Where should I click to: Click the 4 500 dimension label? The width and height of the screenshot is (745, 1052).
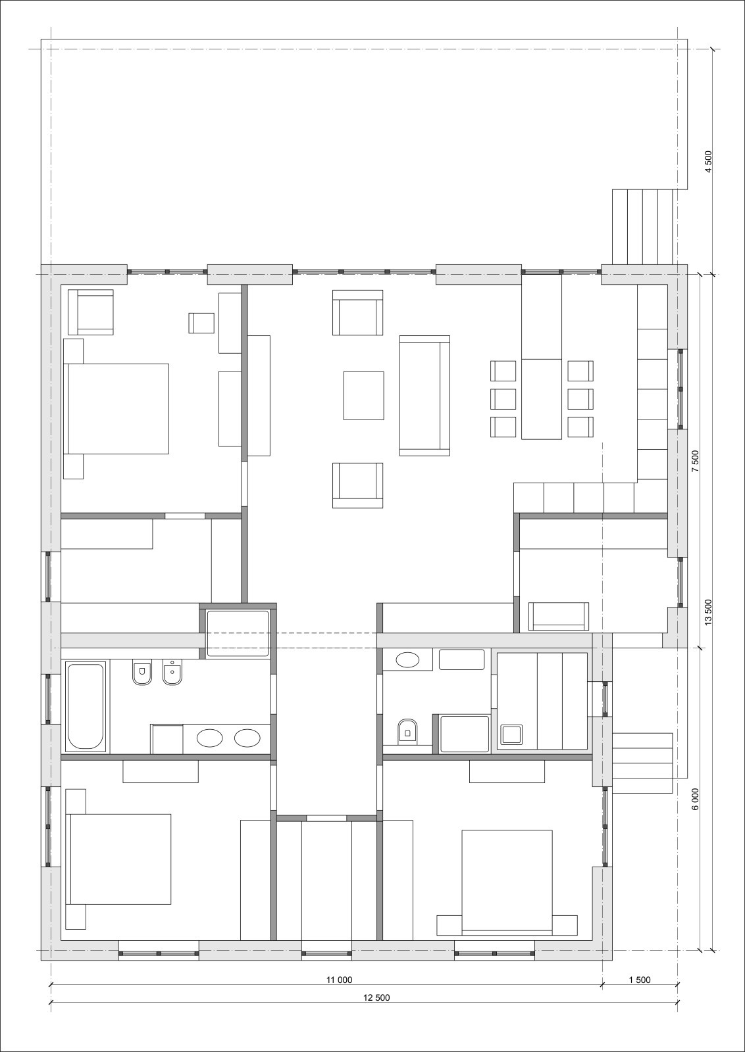pos(709,162)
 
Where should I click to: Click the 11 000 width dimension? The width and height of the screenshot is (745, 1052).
pos(339,963)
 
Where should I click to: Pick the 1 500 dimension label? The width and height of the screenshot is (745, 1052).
pos(639,963)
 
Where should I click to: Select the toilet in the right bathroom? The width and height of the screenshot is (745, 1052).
pos(407,731)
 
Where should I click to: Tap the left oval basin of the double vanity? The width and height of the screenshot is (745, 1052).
pos(210,738)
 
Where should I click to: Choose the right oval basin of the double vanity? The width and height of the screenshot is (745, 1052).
pos(247,738)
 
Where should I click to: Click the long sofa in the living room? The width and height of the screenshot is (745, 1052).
pos(424,395)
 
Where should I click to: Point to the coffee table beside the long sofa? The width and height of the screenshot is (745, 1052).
pos(363,395)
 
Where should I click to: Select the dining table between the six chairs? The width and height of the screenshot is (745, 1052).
pos(542,399)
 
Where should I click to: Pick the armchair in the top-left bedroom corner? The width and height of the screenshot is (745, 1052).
pos(91,312)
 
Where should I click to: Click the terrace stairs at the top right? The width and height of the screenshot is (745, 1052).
pos(642,226)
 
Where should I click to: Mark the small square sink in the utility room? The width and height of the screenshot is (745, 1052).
pos(511,735)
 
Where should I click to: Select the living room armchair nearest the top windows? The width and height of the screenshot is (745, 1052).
pos(358,313)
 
